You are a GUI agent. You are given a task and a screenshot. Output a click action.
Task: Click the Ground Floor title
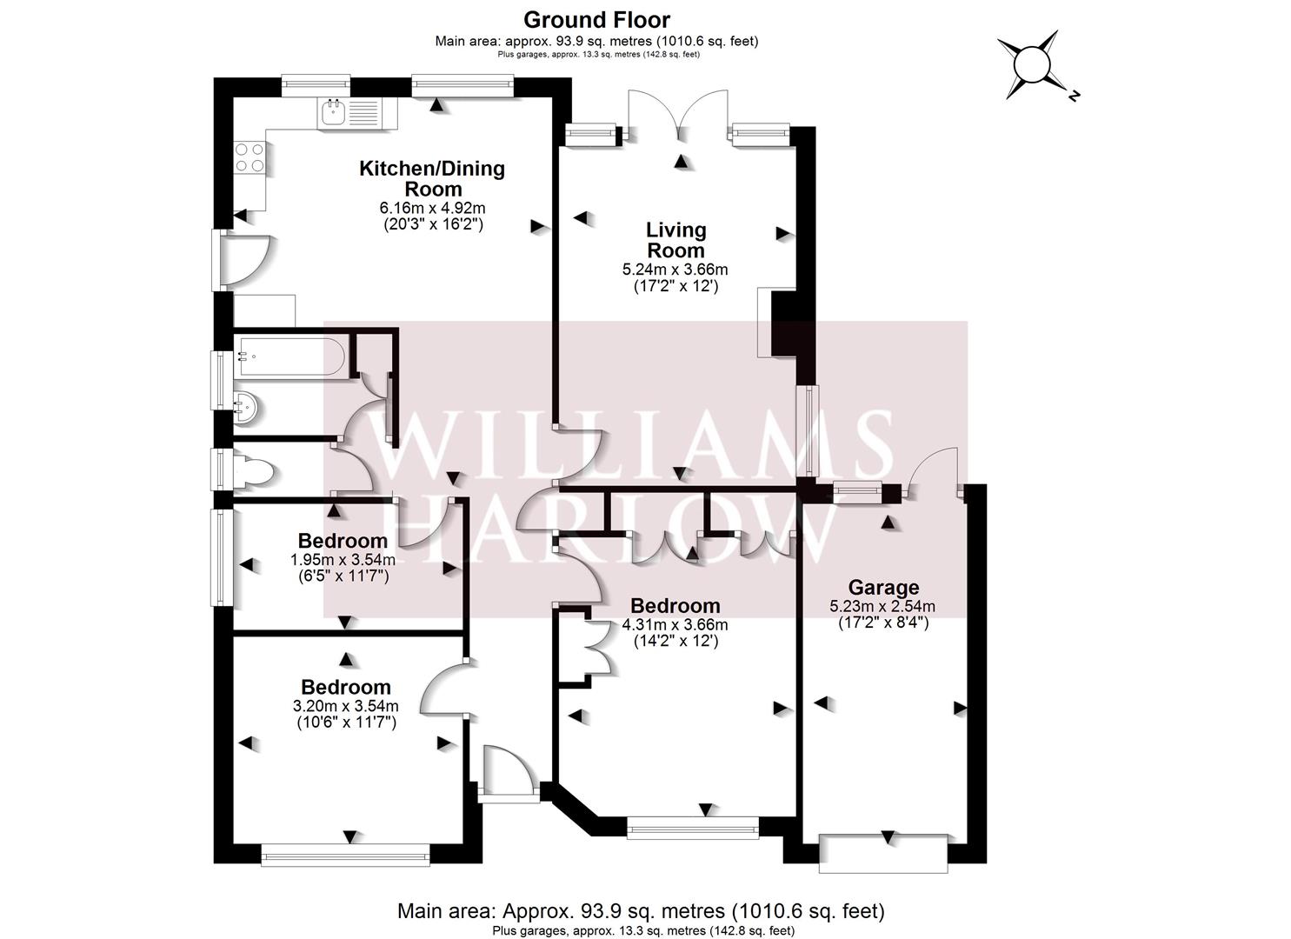pyautogui.click(x=596, y=20)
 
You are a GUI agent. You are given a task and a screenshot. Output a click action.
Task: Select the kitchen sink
pyautogui.click(x=356, y=113)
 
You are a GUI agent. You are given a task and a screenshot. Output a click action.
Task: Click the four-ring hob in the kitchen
pyautogui.click(x=250, y=158)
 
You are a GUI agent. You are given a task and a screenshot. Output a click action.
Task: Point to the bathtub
pyautogui.click(x=290, y=357)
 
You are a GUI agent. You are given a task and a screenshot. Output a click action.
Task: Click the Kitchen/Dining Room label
pyautogui.click(x=432, y=179)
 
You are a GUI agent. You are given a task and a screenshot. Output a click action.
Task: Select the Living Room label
pyautogui.click(x=675, y=240)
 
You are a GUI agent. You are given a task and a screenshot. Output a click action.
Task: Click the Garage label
pyautogui.click(x=883, y=588)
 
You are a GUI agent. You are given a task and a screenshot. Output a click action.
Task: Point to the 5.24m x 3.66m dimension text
pyautogui.click(x=675, y=270)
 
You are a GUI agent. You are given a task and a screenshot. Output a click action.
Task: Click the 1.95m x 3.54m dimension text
pyautogui.click(x=343, y=560)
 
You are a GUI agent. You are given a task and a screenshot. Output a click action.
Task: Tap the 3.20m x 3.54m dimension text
pyautogui.click(x=346, y=705)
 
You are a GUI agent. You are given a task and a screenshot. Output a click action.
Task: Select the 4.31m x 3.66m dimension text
pyautogui.click(x=675, y=625)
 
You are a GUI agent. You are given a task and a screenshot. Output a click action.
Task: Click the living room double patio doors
pyautogui.click(x=678, y=115)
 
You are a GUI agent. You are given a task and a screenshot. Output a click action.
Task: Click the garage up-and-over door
pyautogui.click(x=883, y=853)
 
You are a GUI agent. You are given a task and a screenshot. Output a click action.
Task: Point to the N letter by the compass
pyautogui.click(x=1073, y=96)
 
